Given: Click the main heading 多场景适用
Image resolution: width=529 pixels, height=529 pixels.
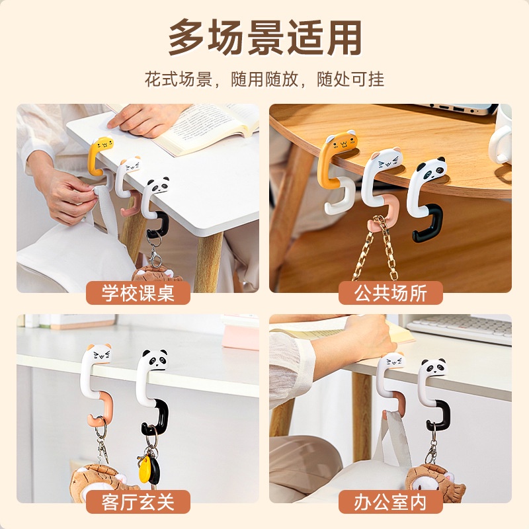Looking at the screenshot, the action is coord(265,38).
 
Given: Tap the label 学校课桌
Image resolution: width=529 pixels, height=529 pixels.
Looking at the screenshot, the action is coord(138,293).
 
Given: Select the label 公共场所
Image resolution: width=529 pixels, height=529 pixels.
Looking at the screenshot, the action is coord(391,293).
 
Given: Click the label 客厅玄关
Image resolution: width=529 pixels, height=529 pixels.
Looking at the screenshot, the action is coord(138,502).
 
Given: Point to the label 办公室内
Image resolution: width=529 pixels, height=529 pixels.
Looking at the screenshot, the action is coord(391,502).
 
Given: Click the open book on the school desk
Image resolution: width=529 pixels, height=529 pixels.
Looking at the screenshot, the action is coord(199,127).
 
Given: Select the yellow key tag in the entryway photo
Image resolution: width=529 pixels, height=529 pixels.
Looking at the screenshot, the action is coord(145,468).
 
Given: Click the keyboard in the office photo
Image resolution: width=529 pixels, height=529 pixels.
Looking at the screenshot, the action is coord(460,327).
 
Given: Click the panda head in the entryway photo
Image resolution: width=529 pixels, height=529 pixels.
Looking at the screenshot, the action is coord(155,360).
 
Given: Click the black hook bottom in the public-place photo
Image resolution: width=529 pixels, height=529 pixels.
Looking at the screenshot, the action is coord(427,224).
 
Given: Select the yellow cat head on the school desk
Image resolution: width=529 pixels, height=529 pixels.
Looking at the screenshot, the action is coord(103,145).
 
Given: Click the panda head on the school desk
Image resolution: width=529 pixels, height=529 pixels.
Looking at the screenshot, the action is coord(158,186).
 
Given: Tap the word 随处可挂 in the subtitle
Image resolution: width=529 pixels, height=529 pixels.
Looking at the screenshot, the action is coord(350,79).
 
